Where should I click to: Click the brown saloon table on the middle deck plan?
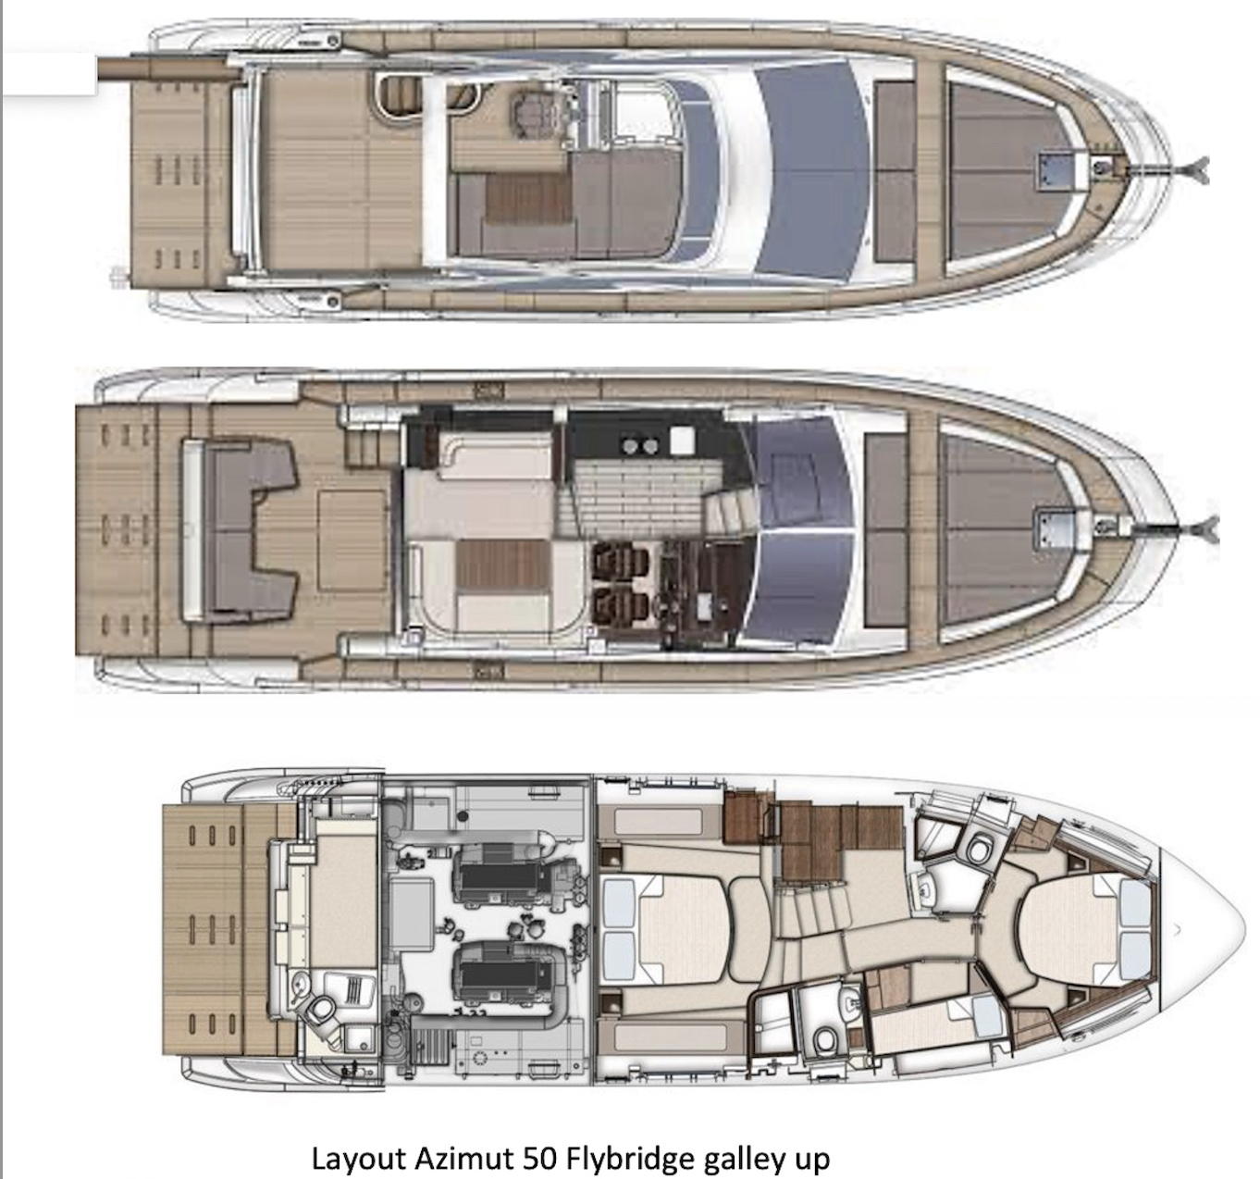[503, 564]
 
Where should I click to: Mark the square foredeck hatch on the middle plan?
[1055, 528]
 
